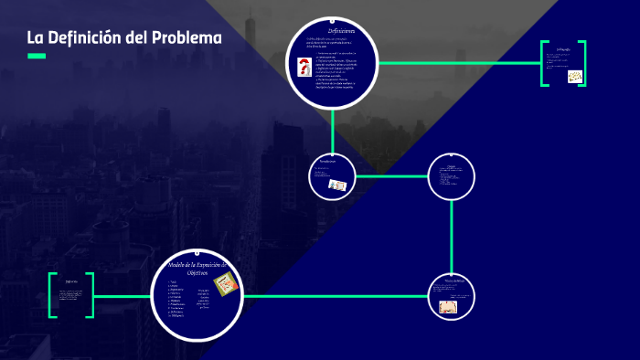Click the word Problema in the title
click(187, 38)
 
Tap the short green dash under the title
click(37, 56)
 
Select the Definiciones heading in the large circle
click(335, 30)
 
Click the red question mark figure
click(304, 68)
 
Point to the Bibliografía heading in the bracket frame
click(563, 49)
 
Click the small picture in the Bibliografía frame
click(574, 77)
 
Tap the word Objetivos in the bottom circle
click(197, 272)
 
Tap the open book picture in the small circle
click(448, 307)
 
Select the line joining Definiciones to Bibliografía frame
click(457, 63)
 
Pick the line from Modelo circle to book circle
click(338, 296)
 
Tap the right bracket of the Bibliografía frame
click(582, 63)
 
